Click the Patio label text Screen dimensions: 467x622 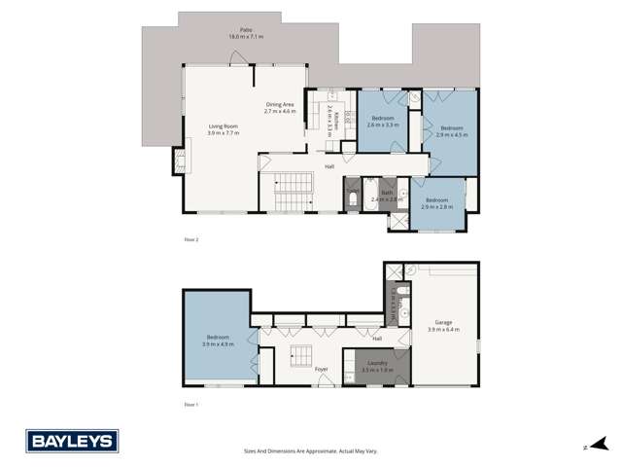click(x=232, y=32)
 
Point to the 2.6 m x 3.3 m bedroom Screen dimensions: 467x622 click(x=383, y=122)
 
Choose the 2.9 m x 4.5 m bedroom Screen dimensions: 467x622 click(x=452, y=131)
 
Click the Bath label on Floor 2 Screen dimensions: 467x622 click(x=387, y=195)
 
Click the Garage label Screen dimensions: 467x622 click(x=442, y=328)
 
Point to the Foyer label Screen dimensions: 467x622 click(x=322, y=369)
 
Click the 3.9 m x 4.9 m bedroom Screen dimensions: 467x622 click(x=216, y=341)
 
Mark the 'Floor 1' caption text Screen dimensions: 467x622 click(x=190, y=403)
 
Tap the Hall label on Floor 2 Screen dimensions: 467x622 click(x=330, y=165)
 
